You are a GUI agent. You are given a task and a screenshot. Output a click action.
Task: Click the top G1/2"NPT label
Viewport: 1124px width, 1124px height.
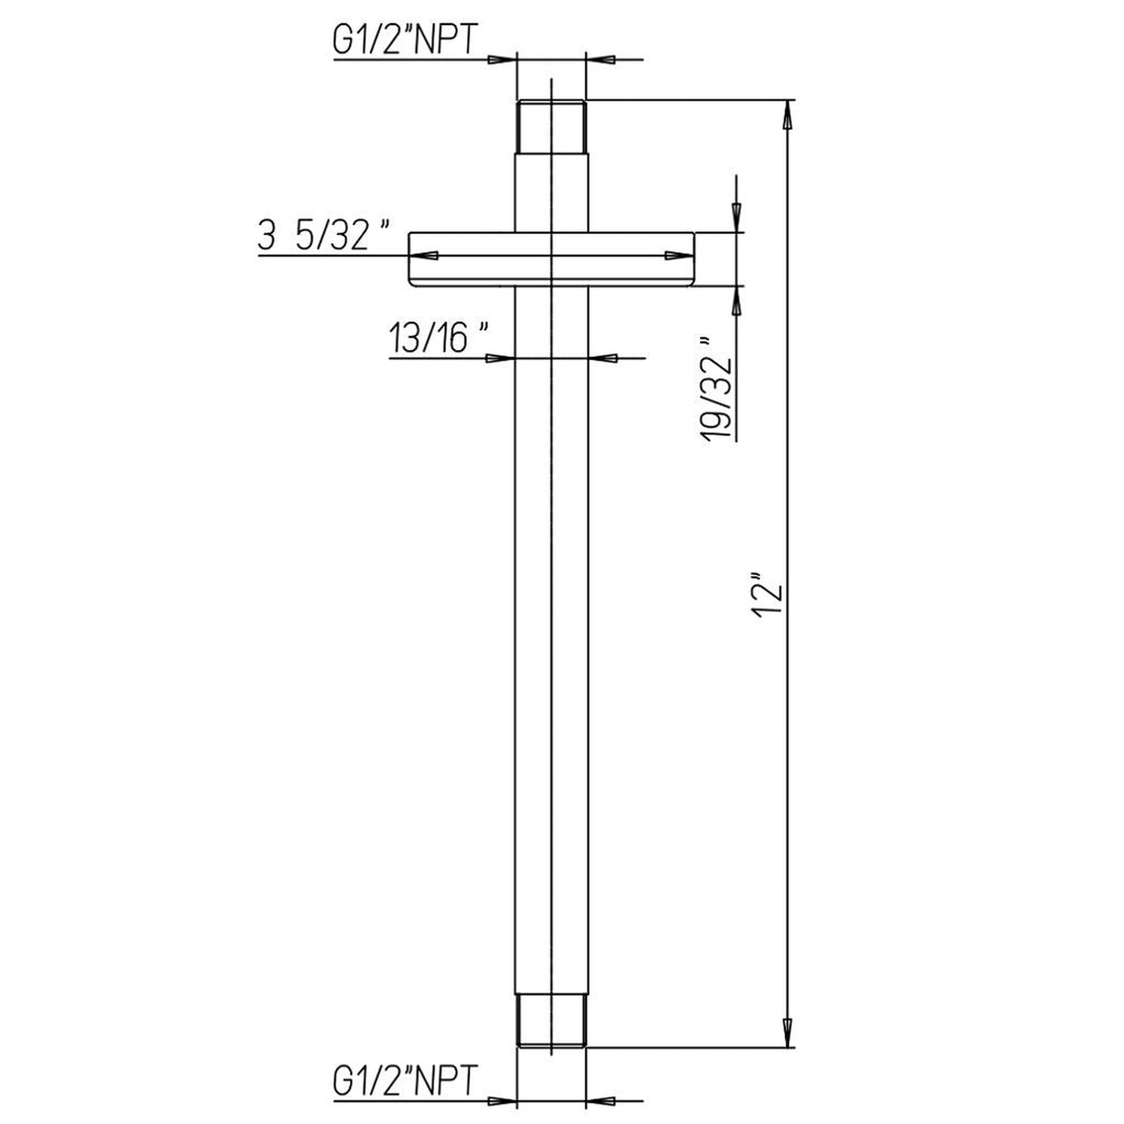pos(404,42)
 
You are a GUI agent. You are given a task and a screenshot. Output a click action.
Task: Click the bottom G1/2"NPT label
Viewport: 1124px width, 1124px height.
pos(404,1082)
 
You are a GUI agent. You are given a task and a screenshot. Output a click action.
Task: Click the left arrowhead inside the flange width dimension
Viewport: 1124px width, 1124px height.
pos(424,255)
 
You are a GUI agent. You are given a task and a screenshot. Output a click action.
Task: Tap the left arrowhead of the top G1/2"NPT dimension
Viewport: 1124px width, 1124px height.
pos(502,59)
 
